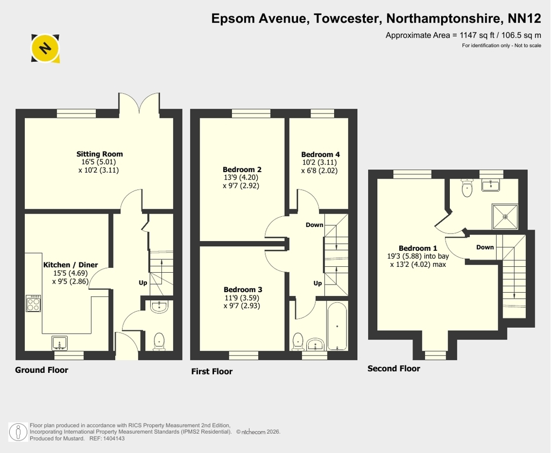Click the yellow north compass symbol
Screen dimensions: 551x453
click(x=45, y=48)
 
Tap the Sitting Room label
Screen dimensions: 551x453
click(x=100, y=154)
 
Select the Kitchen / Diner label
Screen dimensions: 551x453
click(x=70, y=265)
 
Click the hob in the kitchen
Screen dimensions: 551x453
click(x=33, y=303)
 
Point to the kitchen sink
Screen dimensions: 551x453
click(x=60, y=343)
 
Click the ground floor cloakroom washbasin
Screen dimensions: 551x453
click(x=159, y=307)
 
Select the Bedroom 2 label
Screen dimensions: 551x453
click(x=242, y=169)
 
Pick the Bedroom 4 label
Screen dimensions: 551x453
click(x=321, y=154)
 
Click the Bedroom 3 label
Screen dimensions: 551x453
click(x=243, y=289)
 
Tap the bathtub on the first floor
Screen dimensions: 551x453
click(x=337, y=326)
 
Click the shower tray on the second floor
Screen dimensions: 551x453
click(x=505, y=217)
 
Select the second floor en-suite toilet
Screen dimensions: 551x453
click(x=467, y=188)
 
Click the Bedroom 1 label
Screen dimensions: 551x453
click(x=418, y=248)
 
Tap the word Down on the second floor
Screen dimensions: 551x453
click(x=485, y=247)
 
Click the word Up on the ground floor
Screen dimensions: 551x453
click(x=143, y=283)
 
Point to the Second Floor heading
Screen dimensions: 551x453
click(x=393, y=369)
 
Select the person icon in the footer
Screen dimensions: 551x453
click(x=18, y=432)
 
